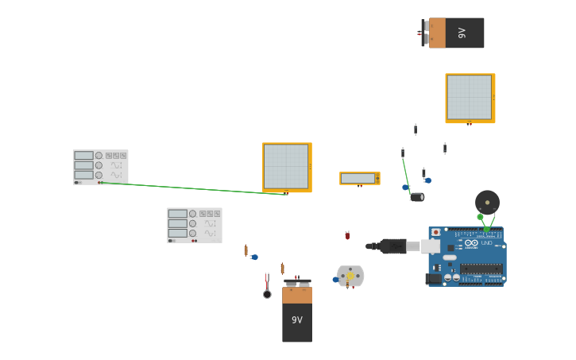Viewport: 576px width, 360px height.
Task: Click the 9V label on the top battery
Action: coord(462,33)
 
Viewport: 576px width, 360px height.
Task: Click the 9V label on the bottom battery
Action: coord(297,320)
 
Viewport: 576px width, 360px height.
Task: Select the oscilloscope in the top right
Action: coord(470,98)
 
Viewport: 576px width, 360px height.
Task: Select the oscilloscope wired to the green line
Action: coord(286,167)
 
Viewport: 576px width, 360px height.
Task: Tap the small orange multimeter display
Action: coord(359,178)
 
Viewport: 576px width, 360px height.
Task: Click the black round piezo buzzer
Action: coord(487,201)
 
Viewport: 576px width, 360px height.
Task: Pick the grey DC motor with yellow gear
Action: coord(350,276)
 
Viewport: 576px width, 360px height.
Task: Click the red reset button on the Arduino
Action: coord(435,232)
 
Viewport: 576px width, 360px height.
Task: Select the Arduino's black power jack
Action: coord(434,279)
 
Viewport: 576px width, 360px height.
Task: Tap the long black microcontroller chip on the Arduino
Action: coord(481,269)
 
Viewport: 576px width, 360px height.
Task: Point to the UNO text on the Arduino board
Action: coord(485,242)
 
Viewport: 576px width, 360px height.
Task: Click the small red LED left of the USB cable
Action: coord(347,235)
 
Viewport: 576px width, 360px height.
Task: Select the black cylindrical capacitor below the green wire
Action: coord(416,197)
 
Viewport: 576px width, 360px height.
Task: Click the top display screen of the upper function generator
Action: coord(83,156)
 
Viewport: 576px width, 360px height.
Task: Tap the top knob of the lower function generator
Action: coord(193,214)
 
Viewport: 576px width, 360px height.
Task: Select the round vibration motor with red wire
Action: coord(267,294)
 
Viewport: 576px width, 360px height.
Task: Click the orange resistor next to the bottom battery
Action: coord(282,269)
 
